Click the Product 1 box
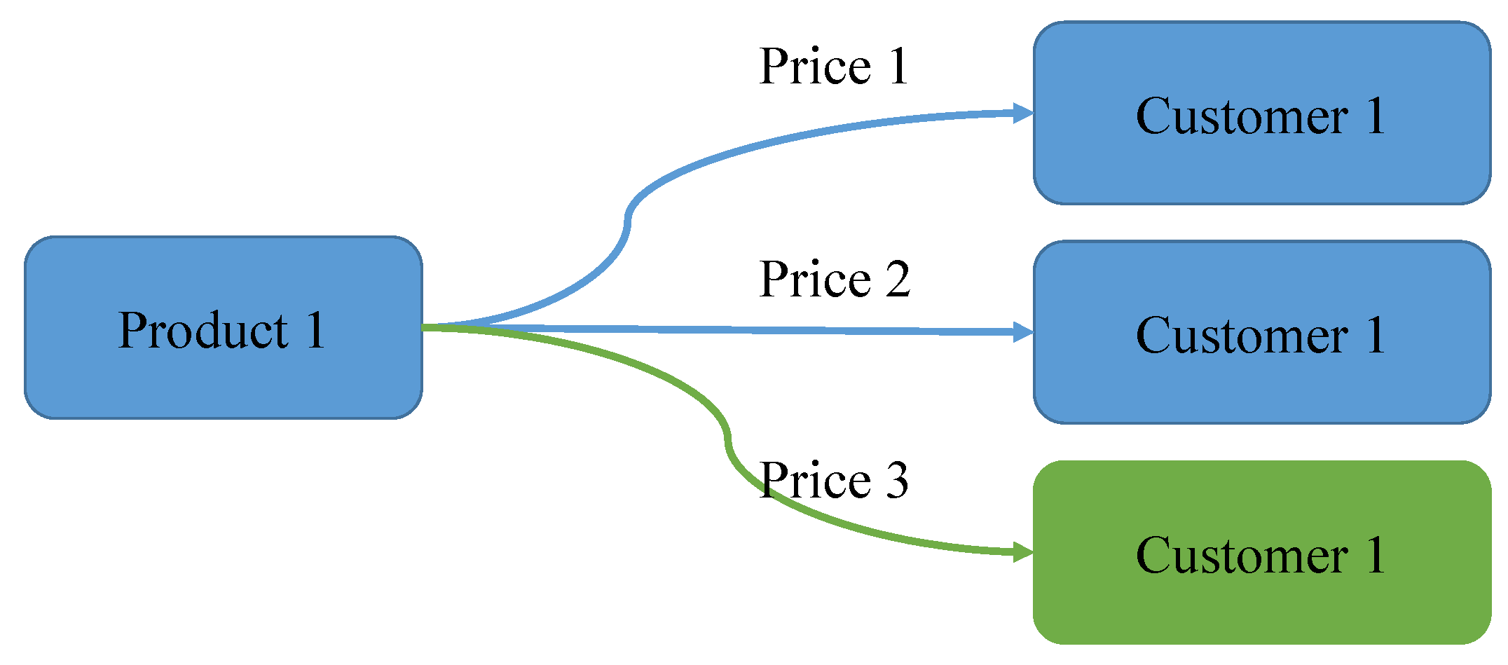tap(223, 328)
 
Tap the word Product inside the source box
tap(203, 330)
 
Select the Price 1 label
tap(833, 67)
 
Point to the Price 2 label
tap(834, 280)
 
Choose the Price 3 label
tap(833, 481)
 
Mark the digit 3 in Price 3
tap(896, 481)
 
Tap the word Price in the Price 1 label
tap(815, 67)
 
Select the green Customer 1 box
tap(1261, 552)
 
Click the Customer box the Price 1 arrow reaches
tap(1261, 113)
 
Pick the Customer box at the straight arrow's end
tap(1261, 332)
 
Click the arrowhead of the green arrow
tap(1023, 553)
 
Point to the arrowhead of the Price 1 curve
tap(1023, 113)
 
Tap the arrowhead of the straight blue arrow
tap(1023, 332)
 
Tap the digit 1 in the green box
tap(1376, 555)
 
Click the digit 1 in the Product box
tap(315, 330)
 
